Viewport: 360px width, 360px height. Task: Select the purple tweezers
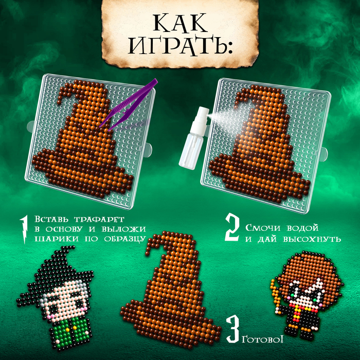129,105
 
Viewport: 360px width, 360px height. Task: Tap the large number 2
232,228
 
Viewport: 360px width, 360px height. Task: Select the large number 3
233,329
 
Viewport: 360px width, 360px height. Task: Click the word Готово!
262,339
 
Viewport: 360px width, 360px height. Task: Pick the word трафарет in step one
99,219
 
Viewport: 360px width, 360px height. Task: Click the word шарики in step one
57,239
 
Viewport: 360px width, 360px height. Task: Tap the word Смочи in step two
263,228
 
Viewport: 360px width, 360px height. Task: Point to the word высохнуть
312,239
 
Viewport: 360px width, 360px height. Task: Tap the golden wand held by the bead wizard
276,296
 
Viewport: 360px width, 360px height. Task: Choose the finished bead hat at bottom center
170,289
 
